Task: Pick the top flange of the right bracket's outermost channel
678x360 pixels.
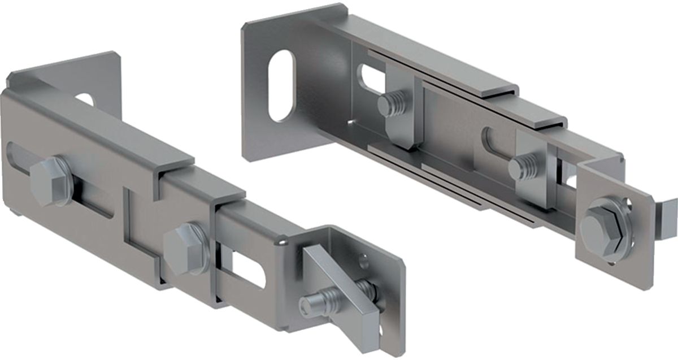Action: [x=429, y=57]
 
